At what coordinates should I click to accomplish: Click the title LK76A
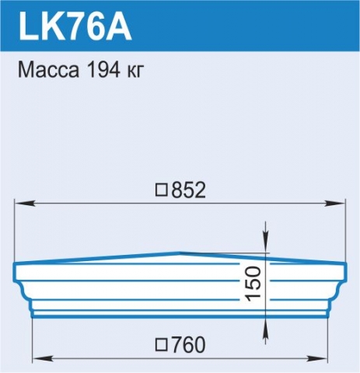click(x=75, y=26)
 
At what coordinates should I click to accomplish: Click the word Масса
click(x=48, y=70)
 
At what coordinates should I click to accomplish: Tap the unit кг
click(x=135, y=71)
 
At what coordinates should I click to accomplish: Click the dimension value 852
click(x=188, y=190)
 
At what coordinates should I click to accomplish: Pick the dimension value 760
click(x=188, y=345)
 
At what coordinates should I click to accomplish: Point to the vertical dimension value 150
click(x=253, y=284)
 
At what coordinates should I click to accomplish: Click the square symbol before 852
click(x=162, y=190)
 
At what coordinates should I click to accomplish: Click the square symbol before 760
click(x=162, y=344)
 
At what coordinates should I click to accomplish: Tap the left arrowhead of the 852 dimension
click(x=25, y=204)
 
